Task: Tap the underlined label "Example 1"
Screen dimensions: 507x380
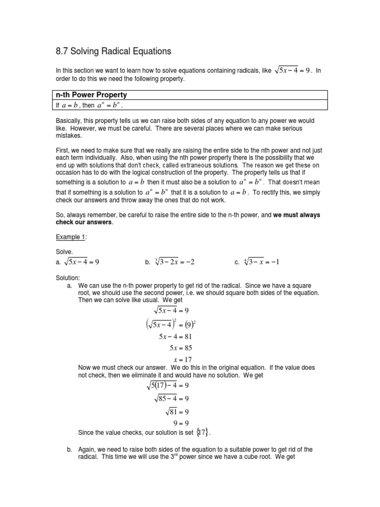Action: click(71, 237)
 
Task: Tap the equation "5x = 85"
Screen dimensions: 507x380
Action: click(181, 348)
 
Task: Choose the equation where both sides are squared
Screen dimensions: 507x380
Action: click(171, 324)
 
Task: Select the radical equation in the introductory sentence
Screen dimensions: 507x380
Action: click(292, 70)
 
